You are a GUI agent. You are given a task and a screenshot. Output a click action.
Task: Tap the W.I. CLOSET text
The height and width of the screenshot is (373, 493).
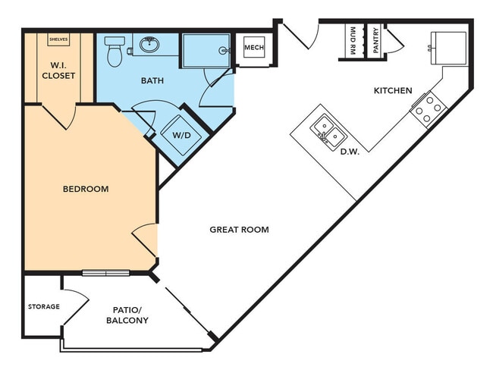pyautogui.click(x=58, y=71)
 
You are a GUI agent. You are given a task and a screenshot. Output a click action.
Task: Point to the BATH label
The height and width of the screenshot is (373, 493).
pyautogui.click(x=153, y=79)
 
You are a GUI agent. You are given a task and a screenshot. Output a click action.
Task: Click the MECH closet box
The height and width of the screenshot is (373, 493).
pyautogui.click(x=253, y=49)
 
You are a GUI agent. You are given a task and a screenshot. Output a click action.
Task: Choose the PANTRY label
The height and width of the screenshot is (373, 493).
pyautogui.click(x=375, y=39)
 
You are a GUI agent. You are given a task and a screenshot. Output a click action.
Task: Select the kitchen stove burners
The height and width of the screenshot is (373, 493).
pyautogui.click(x=426, y=108)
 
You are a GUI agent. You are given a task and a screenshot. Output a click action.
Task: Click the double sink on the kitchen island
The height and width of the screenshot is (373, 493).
pyautogui.click(x=328, y=130)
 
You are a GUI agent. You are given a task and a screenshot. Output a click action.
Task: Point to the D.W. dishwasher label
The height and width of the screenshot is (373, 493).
pyautogui.click(x=349, y=152)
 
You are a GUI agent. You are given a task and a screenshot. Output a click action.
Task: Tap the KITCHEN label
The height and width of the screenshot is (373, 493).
pyautogui.click(x=393, y=91)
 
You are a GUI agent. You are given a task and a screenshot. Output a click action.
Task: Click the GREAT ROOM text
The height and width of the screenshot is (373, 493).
pyautogui.click(x=239, y=229)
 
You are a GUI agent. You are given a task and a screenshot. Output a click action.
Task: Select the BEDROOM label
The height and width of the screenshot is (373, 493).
pyautogui.click(x=85, y=189)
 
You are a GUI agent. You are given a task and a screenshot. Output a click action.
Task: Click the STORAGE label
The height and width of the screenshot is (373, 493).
pyautogui.click(x=43, y=307)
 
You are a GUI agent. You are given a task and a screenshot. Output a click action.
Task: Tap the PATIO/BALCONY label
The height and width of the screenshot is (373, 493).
pyautogui.click(x=127, y=315)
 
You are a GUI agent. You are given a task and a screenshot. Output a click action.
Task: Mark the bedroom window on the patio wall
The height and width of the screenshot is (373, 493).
pyautogui.click(x=106, y=273)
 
